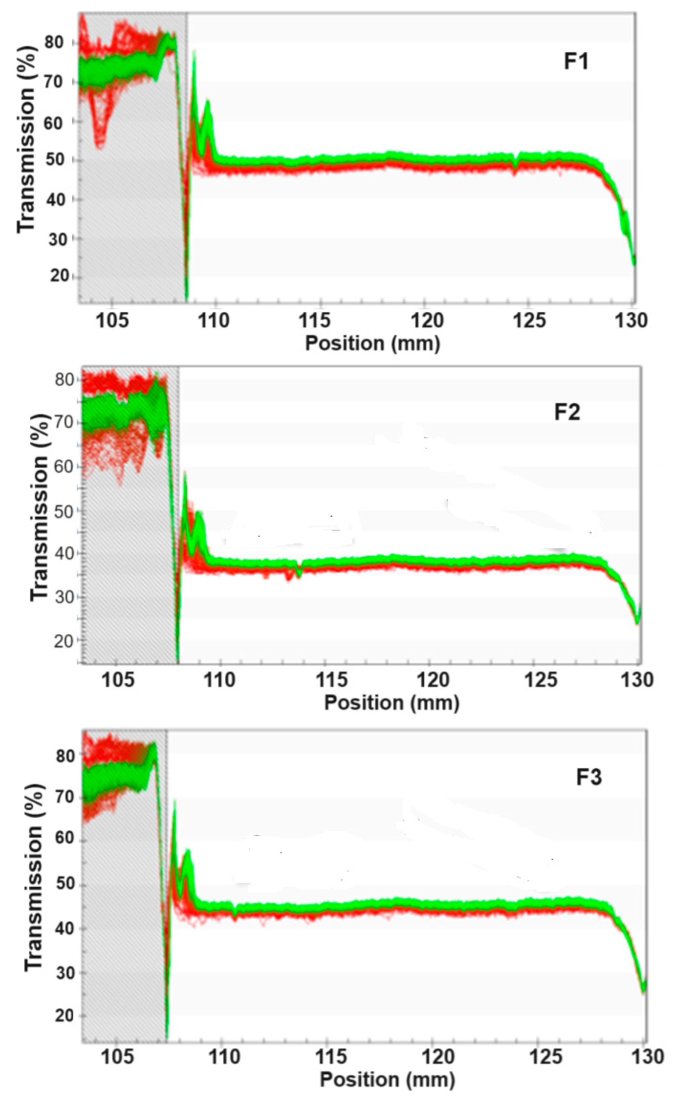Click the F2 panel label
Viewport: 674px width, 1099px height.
(567, 412)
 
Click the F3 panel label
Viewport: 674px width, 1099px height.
(588, 777)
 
